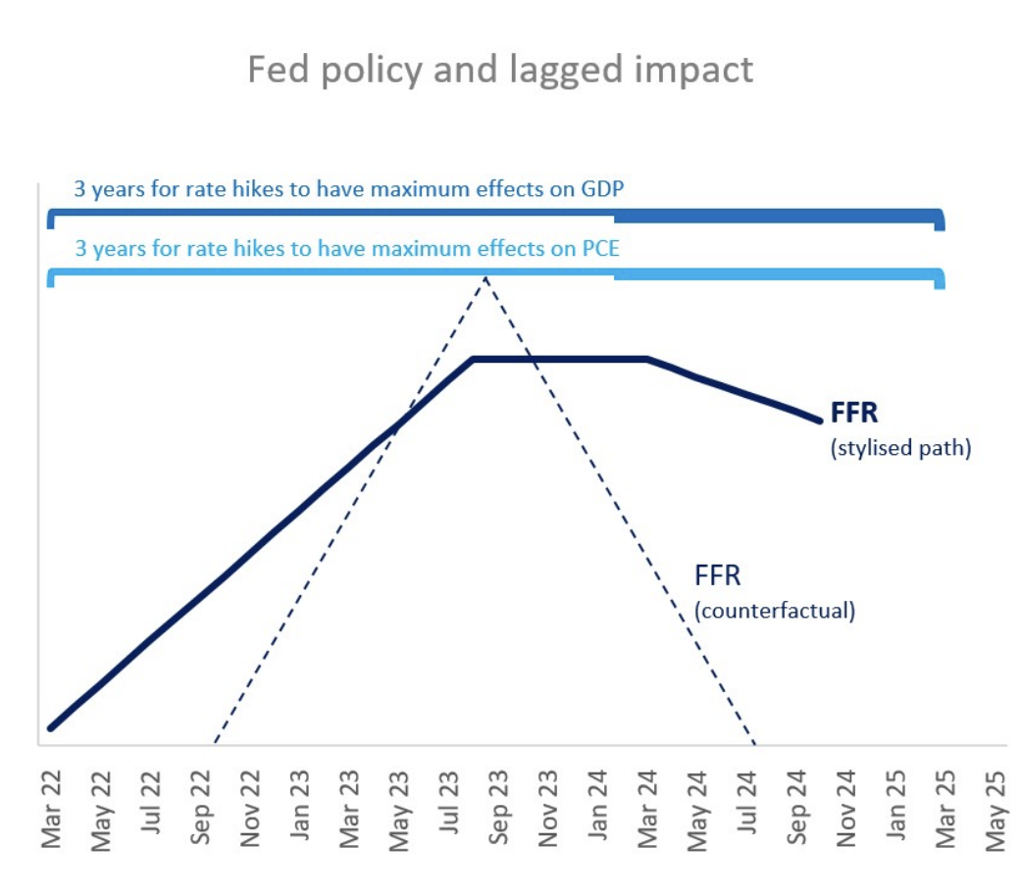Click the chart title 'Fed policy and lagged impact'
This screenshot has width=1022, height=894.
tap(500, 71)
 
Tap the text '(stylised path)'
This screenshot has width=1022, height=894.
tap(899, 450)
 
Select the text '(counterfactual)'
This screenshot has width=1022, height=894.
tap(774, 610)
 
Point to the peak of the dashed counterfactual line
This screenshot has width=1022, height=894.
tap(485, 278)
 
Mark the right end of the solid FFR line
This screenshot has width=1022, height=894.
tap(820, 421)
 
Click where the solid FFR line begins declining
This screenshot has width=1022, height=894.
tap(648, 359)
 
